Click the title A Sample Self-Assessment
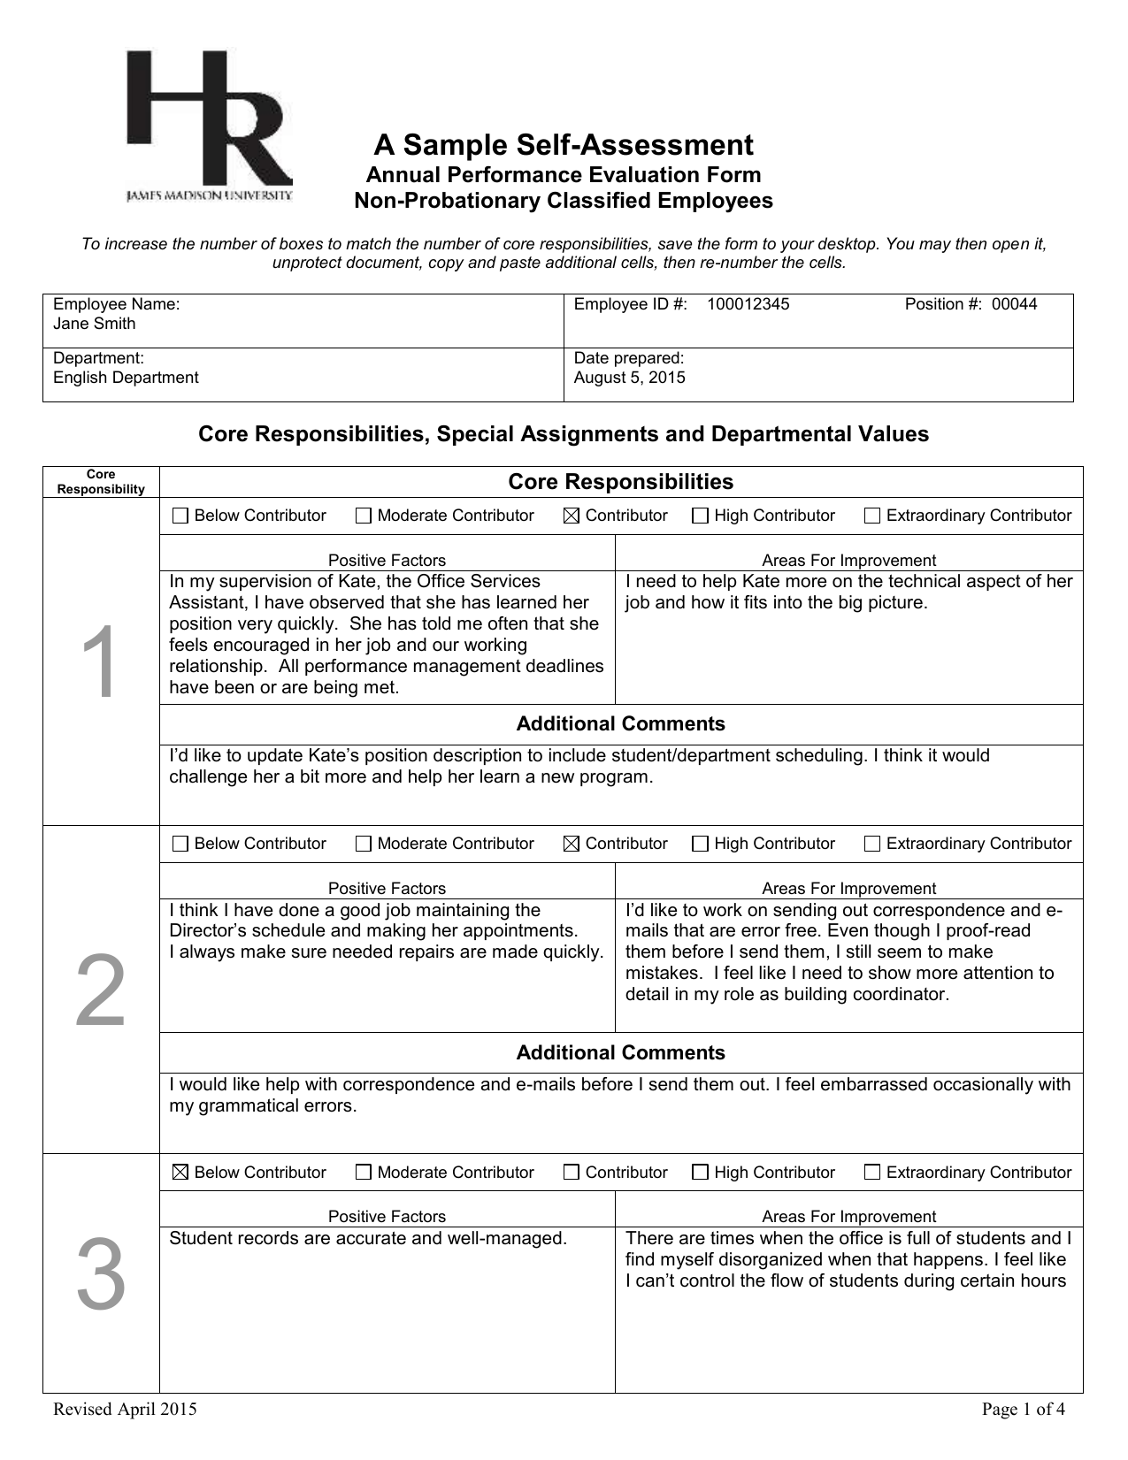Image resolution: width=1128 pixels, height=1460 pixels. pos(563,145)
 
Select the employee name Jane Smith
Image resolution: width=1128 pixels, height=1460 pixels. pos(95,324)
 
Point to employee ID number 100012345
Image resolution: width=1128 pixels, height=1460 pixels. pos(748,304)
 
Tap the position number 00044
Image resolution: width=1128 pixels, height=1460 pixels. pos(1014,304)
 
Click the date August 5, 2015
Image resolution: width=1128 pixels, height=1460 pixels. pos(630,378)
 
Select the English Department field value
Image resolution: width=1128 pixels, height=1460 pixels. pos(126,378)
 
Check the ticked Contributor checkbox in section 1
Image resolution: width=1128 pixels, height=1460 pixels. pos(571,516)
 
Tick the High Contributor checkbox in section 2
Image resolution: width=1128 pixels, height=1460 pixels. pos(700,845)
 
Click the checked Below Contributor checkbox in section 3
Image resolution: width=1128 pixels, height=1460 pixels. pos(180,1173)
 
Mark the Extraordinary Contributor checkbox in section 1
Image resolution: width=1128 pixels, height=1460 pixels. pos(871,516)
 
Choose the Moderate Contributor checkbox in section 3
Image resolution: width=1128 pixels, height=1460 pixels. pos(363,1173)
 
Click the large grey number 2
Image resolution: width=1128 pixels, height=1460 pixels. pos(101,992)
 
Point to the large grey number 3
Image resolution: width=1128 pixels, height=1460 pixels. pos(101,1275)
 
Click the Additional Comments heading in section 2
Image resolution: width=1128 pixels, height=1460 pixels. pos(620,1052)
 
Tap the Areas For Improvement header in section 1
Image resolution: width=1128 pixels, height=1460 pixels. pos(848,560)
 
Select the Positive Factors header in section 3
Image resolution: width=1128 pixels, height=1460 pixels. pos(387,1216)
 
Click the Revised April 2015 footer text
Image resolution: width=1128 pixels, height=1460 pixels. pos(125,1410)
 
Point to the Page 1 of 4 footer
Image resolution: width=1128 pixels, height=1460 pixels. pos(1024,1410)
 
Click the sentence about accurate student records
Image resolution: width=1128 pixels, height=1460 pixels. pos(368,1238)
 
